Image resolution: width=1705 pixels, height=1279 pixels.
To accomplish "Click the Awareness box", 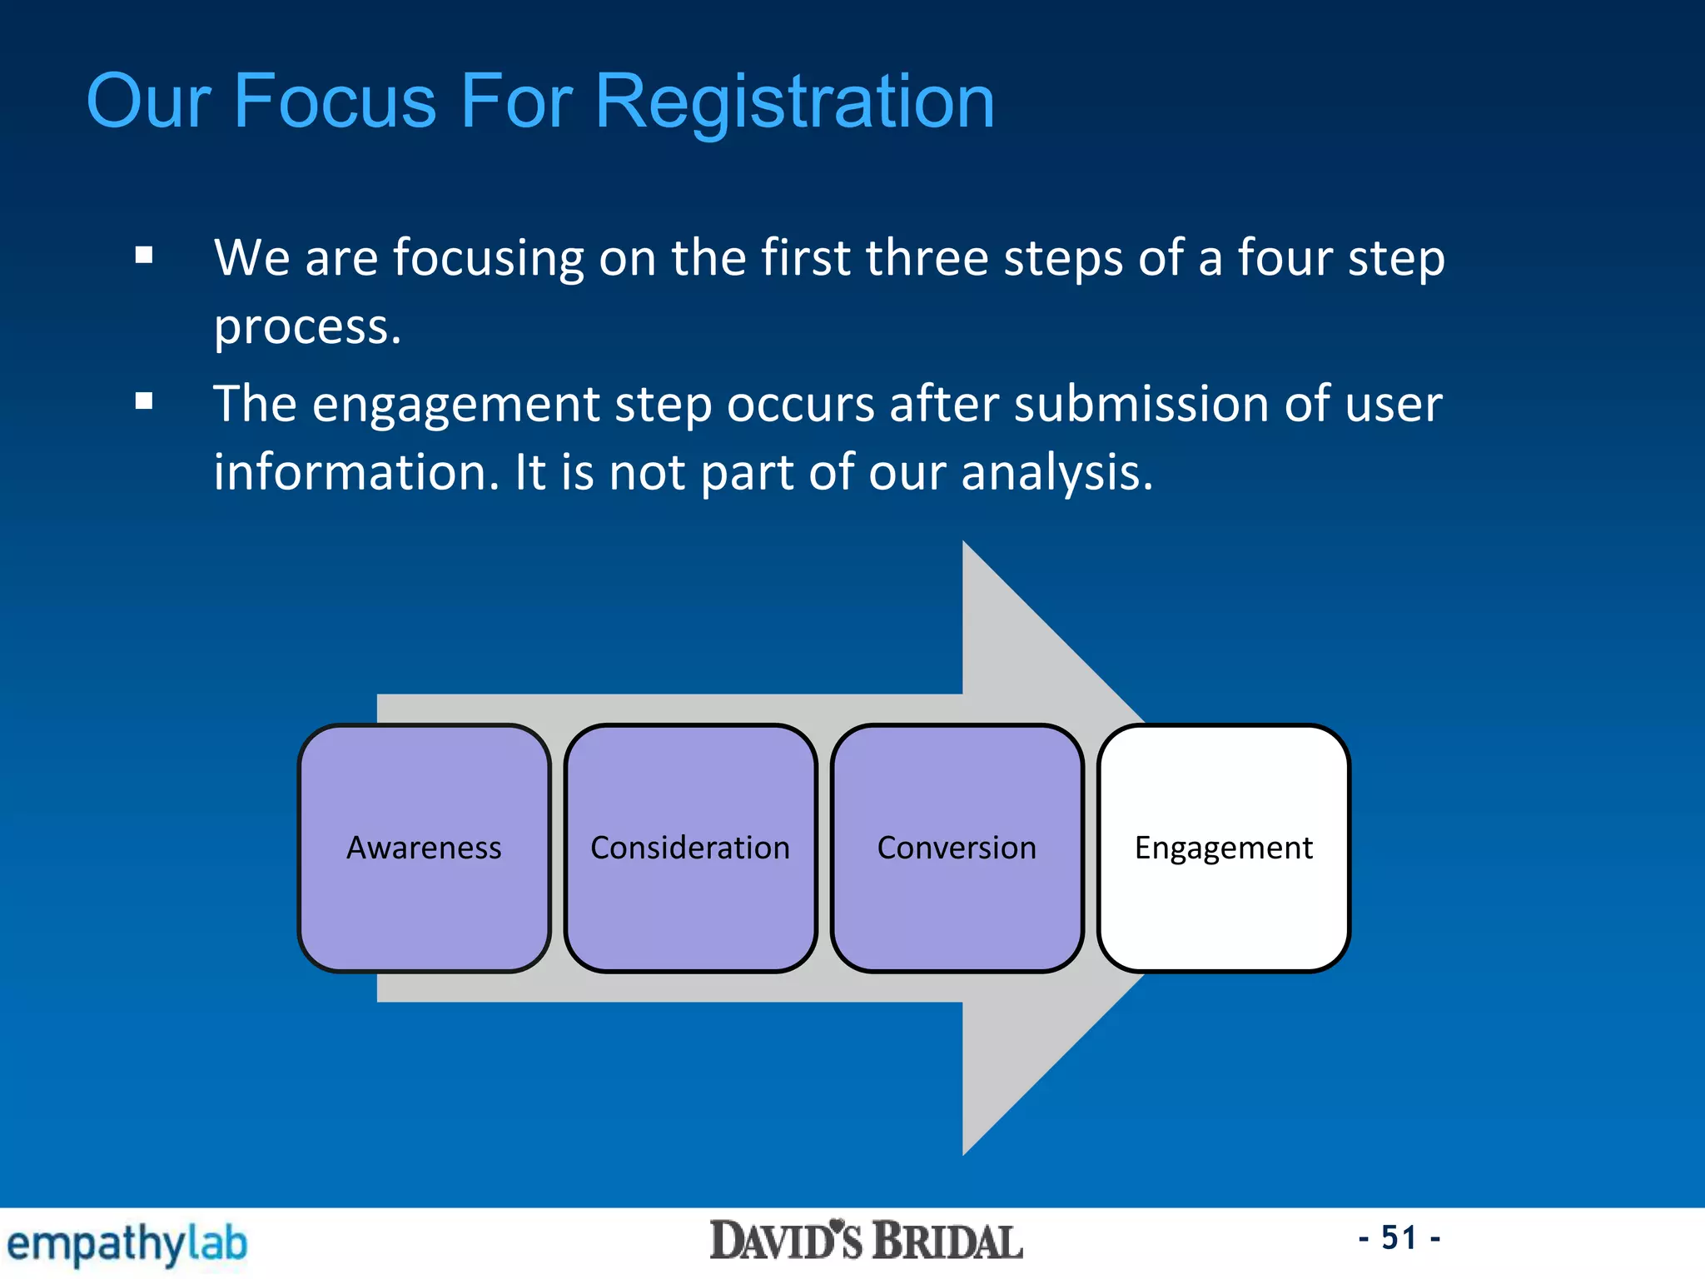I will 424,848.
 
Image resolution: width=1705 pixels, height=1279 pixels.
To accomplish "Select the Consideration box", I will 690,848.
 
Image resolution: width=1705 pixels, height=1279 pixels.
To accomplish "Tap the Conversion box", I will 957,848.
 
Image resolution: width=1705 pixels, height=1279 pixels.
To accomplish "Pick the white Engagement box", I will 1223,848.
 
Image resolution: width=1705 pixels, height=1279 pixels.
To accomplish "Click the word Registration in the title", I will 795,102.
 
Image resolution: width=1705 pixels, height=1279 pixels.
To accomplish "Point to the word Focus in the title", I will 335,102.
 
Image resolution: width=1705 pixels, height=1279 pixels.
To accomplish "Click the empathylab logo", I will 127,1244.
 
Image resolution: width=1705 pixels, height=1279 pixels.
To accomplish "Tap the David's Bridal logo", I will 866,1242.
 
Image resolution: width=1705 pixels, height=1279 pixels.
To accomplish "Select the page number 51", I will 1399,1238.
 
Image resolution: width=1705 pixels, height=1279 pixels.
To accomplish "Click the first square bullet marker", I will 144,255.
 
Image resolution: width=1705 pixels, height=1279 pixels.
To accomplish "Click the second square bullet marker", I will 144,402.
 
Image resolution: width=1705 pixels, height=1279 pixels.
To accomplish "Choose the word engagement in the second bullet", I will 455,406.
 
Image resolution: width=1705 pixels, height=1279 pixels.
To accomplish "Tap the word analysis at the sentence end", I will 1056,473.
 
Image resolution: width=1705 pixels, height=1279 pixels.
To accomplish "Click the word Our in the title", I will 148,102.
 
